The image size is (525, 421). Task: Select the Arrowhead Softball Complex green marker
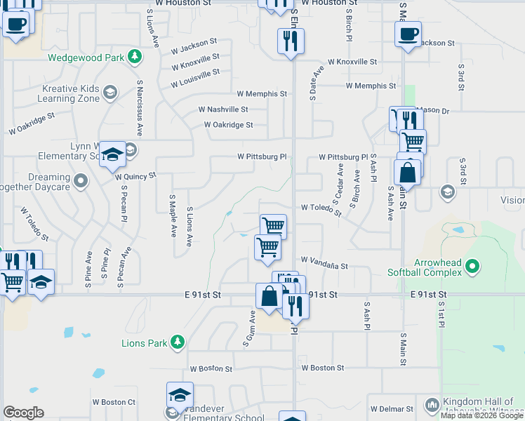473,266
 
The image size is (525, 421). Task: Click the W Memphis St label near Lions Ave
262,93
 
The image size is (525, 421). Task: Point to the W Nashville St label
223,109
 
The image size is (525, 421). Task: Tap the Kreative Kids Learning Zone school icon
110,92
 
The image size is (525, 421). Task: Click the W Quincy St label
135,176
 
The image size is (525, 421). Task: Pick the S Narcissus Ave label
140,107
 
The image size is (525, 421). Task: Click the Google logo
23,413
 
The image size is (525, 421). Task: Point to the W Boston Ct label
114,402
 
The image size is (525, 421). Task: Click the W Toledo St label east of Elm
321,208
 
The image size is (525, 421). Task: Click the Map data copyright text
481,415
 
